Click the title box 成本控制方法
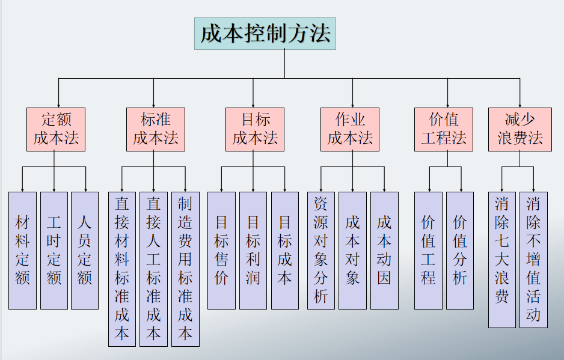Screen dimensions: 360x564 [x=265, y=34]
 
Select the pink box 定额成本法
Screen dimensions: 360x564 [x=56, y=129]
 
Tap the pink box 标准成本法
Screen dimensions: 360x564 [x=155, y=129]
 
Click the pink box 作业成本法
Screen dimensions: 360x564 [x=350, y=129]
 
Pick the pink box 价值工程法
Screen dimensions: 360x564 [x=444, y=129]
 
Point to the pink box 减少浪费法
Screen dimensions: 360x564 [x=520, y=129]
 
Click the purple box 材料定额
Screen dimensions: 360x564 [x=22, y=250]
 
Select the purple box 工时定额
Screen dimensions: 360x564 [x=54, y=250]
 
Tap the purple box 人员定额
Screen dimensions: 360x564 [x=85, y=250]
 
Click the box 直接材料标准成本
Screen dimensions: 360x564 [x=122, y=269]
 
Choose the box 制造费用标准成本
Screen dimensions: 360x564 [x=185, y=269]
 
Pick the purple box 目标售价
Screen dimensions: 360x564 [x=221, y=250]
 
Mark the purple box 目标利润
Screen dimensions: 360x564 [x=253, y=250]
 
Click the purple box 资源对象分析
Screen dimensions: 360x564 [x=320, y=250]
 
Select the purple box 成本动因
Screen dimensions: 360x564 [x=384, y=250]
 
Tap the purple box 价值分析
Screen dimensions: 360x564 [x=460, y=250]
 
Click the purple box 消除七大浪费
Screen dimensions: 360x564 [x=502, y=259]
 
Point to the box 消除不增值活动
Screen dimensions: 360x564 [x=533, y=259]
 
